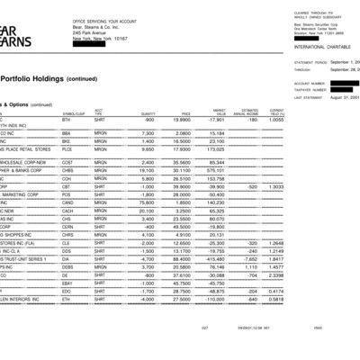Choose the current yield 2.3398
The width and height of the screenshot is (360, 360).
click(278, 275)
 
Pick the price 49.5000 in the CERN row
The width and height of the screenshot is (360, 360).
click(181, 228)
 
